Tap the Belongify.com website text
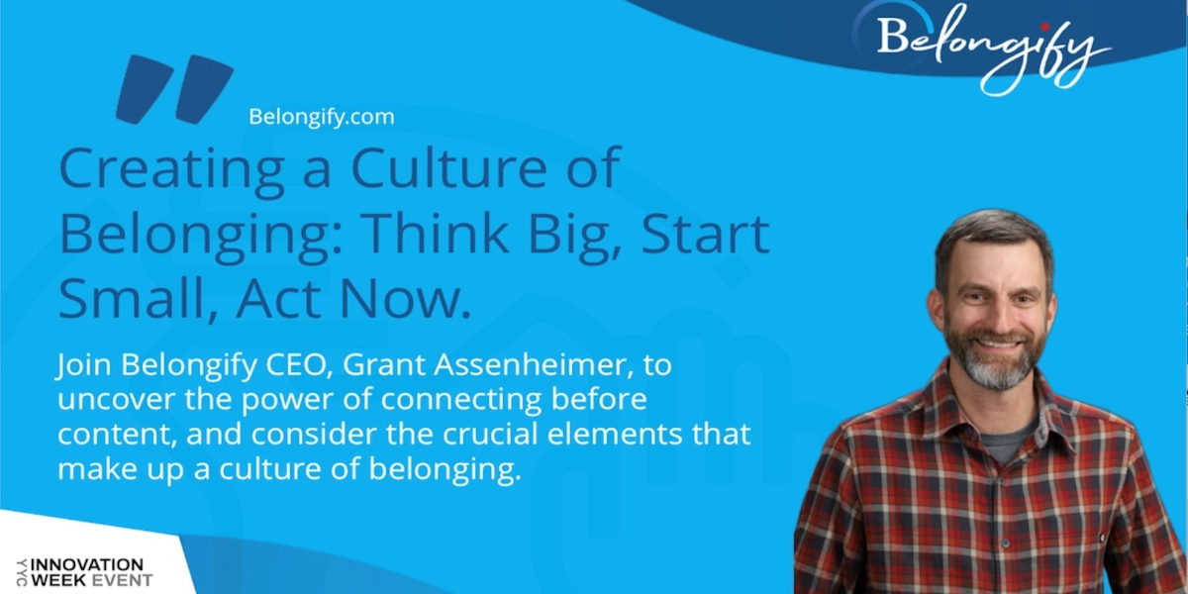[x=322, y=117]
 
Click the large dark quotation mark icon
[x=174, y=89]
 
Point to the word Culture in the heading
[x=448, y=167]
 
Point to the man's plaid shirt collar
[x=986, y=419]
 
